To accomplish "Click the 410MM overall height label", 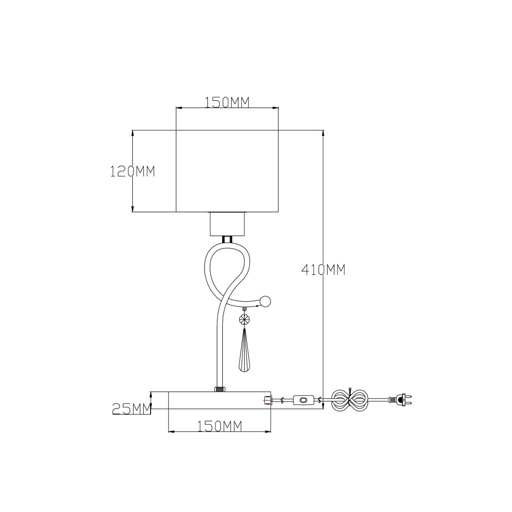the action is tap(323, 270).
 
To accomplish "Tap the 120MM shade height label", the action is tap(132, 172).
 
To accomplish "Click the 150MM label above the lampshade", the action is tap(227, 102).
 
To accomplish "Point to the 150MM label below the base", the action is tap(219, 426).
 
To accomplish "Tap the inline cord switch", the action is tap(303, 407).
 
